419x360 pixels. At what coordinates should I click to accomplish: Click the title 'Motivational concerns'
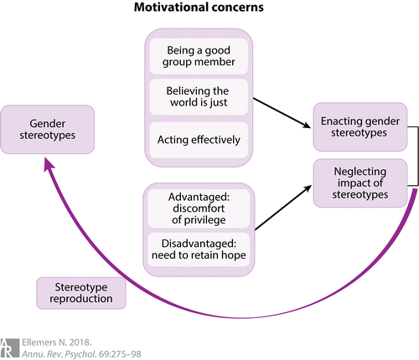coord(199,7)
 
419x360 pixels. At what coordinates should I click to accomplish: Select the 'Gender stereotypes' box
coord(48,130)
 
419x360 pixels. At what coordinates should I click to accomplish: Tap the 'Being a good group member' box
coord(199,56)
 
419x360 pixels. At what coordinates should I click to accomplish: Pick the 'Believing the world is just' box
coord(199,97)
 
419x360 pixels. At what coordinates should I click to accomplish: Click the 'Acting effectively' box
coord(199,140)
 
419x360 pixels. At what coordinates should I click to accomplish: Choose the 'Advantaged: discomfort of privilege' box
coord(199,208)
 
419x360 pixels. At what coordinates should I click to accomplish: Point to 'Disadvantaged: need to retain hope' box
coord(199,249)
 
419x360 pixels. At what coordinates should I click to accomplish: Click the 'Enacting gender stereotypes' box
coord(360,127)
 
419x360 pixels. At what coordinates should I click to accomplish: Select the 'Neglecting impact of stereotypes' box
coord(360,183)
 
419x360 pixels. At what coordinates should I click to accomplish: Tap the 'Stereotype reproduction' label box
coord(81,293)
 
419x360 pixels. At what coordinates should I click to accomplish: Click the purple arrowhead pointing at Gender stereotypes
coord(49,163)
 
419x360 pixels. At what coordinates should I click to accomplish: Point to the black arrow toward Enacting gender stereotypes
coord(282,113)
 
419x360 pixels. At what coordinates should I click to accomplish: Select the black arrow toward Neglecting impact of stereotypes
coord(283,208)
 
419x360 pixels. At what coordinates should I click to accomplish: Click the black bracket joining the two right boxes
coord(417,156)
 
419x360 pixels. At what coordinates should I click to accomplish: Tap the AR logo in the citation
coord(9,348)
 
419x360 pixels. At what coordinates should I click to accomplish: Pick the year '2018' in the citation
coord(80,342)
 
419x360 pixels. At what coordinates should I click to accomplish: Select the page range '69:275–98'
coord(120,354)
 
